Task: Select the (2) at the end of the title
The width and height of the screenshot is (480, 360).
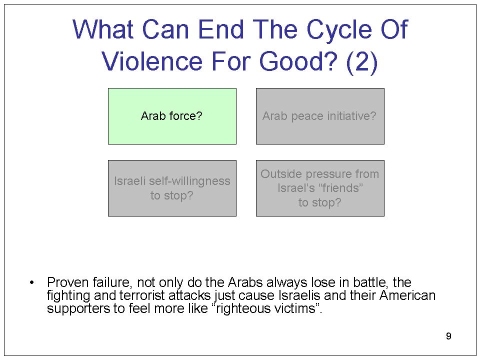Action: coord(362,62)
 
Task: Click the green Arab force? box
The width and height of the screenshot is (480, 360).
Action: coord(172,116)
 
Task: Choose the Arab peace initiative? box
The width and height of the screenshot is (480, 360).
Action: coord(320,116)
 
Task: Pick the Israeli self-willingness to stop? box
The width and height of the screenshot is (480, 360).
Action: coord(172,188)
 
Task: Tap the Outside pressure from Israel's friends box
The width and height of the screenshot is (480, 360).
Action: coord(320,188)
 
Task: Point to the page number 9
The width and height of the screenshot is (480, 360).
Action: coord(448,336)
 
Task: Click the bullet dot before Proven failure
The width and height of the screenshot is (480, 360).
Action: coord(32,282)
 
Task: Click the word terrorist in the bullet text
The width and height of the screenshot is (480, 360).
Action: coord(142,295)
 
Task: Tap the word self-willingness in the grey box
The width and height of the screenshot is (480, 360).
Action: coord(189,181)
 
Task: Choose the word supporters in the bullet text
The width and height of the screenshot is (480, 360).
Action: coord(78,308)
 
